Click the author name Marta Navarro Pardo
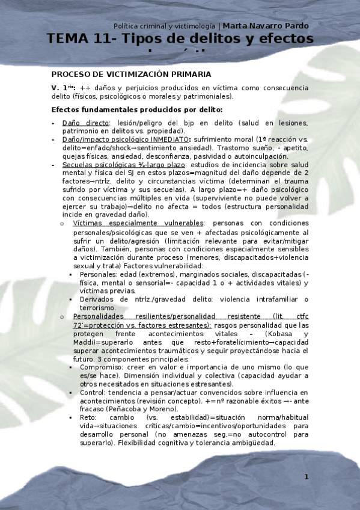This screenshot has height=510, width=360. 266,26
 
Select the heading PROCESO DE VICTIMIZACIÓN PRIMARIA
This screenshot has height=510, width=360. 131,75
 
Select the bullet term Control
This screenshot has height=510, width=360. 92,392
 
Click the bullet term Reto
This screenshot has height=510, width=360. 87,417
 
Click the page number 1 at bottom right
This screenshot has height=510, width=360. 306,477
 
